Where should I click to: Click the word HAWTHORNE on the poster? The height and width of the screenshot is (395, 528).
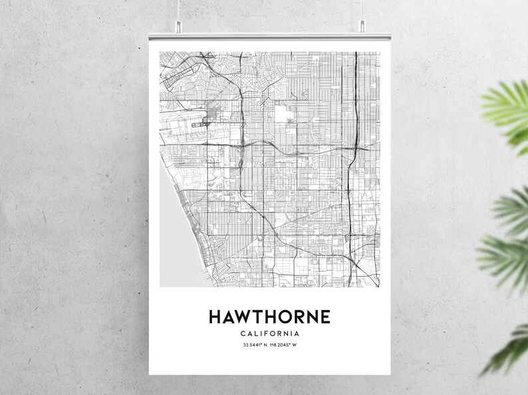coord(269,317)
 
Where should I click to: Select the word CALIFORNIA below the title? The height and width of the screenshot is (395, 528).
coord(269,334)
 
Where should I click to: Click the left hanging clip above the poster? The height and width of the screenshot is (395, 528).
coord(178,27)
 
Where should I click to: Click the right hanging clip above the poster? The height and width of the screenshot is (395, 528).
coord(362,27)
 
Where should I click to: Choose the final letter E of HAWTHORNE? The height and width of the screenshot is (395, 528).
coord(324,317)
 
